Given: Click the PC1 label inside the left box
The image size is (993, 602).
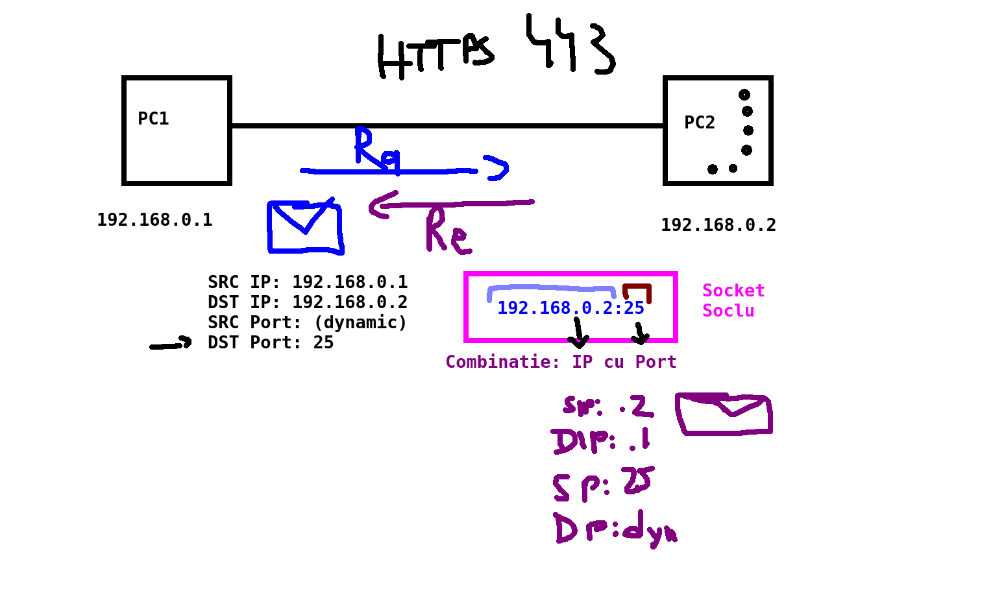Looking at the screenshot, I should (153, 119).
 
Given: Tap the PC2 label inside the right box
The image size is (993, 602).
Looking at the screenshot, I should (700, 123).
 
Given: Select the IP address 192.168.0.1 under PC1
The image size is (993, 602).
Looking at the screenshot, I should (154, 220).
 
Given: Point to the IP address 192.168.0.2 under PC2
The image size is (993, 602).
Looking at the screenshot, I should (718, 225).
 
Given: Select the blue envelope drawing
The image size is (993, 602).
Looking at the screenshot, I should (305, 227).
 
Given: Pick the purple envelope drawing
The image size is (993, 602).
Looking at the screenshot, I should (724, 414).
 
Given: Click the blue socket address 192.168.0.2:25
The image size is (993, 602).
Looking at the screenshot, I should (570, 308).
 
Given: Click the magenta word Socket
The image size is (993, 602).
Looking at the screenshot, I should (733, 291).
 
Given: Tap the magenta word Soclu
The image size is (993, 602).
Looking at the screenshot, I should (728, 311).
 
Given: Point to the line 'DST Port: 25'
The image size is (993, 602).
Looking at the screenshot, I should (271, 343).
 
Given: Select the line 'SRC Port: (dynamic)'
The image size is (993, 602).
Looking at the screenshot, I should (307, 322).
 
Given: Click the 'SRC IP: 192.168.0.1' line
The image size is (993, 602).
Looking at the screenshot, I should (308, 282).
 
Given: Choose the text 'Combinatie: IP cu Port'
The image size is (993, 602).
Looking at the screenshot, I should (561, 362).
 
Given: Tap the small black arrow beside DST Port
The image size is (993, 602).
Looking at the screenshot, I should (171, 344).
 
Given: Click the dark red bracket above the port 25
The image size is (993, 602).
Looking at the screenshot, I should (637, 291).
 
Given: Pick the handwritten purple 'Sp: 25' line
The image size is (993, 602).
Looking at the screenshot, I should (602, 484).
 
